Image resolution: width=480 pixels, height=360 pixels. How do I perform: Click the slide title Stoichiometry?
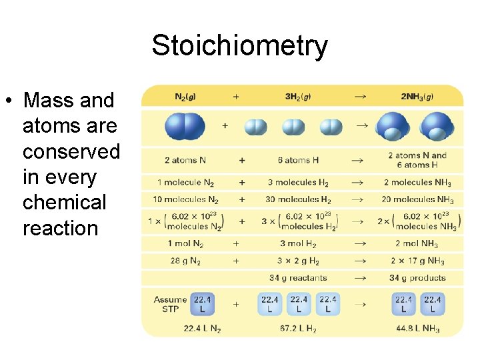[239, 46]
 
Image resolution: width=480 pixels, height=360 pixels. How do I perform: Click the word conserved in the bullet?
[71, 151]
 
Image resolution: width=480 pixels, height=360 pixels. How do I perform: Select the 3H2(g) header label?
[297, 97]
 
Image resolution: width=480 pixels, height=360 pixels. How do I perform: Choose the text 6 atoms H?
[298, 160]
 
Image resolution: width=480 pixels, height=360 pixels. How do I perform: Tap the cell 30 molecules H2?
[298, 199]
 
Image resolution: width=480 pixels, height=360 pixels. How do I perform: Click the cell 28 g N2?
[185, 261]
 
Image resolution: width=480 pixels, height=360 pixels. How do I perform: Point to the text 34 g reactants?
[298, 278]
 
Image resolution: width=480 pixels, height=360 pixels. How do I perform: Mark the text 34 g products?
[418, 278]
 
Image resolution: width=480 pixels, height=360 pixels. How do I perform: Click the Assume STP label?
[170, 305]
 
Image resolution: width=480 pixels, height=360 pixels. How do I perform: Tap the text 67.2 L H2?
[298, 328]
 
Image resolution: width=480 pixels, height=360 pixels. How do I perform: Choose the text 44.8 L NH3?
[418, 328]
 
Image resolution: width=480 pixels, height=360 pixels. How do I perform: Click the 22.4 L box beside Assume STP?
[203, 304]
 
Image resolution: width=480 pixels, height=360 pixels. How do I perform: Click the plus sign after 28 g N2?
[235, 261]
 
